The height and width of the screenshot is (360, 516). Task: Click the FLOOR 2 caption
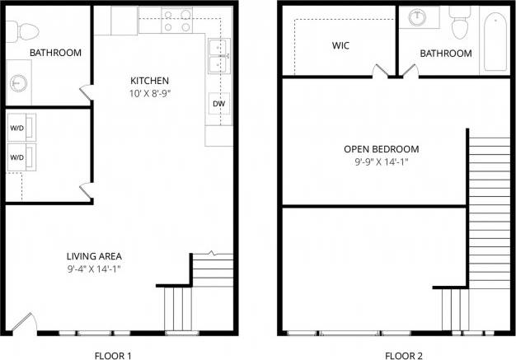(405, 356)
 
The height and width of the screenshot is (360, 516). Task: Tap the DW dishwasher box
(218, 104)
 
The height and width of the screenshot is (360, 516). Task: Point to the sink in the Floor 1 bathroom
(19, 82)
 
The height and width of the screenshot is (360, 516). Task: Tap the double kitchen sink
(218, 56)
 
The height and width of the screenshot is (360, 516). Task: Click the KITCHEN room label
(149, 80)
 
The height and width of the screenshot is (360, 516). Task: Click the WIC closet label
(340, 46)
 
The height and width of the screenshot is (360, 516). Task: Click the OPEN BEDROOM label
(382, 149)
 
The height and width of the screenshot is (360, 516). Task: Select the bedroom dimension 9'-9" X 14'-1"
(382, 162)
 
